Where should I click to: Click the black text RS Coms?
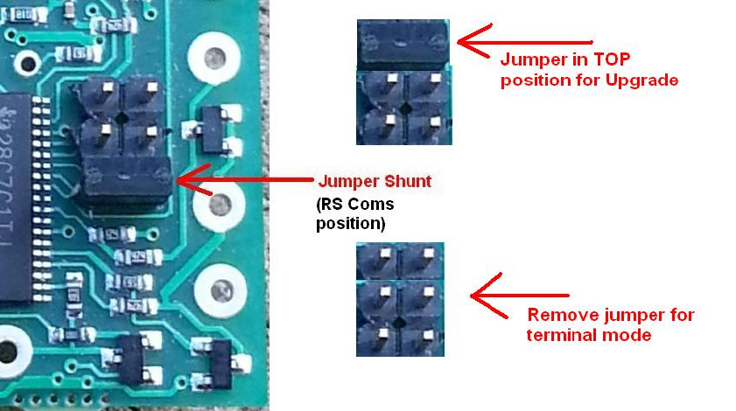(356, 204)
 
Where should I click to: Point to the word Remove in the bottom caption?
(557, 315)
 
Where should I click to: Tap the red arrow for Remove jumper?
(520, 296)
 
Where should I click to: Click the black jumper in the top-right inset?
(403, 44)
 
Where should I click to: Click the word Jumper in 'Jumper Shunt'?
(348, 182)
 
